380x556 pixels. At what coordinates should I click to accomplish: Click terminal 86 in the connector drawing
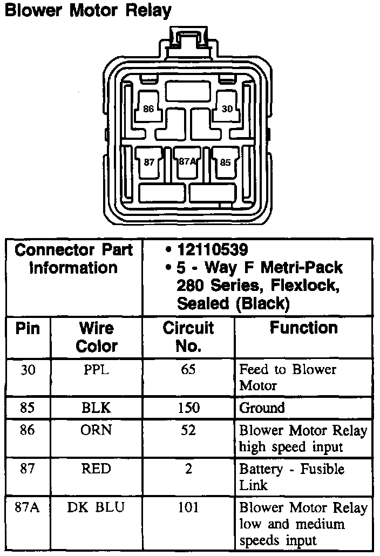[x=148, y=109]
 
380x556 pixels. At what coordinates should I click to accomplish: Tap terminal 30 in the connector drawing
[x=227, y=109]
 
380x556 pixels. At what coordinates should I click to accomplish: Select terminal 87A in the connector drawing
[x=187, y=161]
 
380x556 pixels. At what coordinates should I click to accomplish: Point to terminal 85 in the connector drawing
[x=225, y=161]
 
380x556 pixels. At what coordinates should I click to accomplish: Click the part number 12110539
[x=213, y=250]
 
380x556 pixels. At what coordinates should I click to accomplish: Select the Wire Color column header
[x=97, y=337]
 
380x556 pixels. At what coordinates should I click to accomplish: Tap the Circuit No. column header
[x=188, y=337]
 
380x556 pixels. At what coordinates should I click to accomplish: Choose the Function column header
[x=304, y=328]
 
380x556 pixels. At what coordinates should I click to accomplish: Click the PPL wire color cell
[x=97, y=370]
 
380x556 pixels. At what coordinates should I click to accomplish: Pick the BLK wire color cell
[x=97, y=408]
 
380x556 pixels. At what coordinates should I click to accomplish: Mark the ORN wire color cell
[x=97, y=431]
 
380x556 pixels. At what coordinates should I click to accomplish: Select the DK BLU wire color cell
[x=97, y=508]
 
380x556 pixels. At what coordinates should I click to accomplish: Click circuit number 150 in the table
[x=188, y=408]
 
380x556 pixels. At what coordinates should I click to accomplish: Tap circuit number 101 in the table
[x=188, y=508]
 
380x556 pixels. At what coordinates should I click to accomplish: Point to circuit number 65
[x=188, y=370]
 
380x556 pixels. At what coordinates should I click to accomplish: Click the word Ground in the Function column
[x=262, y=408]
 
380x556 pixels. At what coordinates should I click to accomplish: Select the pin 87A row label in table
[x=27, y=508]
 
